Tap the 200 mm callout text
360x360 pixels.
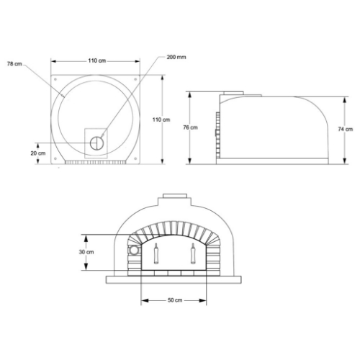176,56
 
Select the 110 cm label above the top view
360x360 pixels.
98,61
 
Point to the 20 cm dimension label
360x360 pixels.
37,153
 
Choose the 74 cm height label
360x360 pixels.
344,129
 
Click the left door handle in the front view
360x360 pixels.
156,253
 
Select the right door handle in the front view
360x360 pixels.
192,253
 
